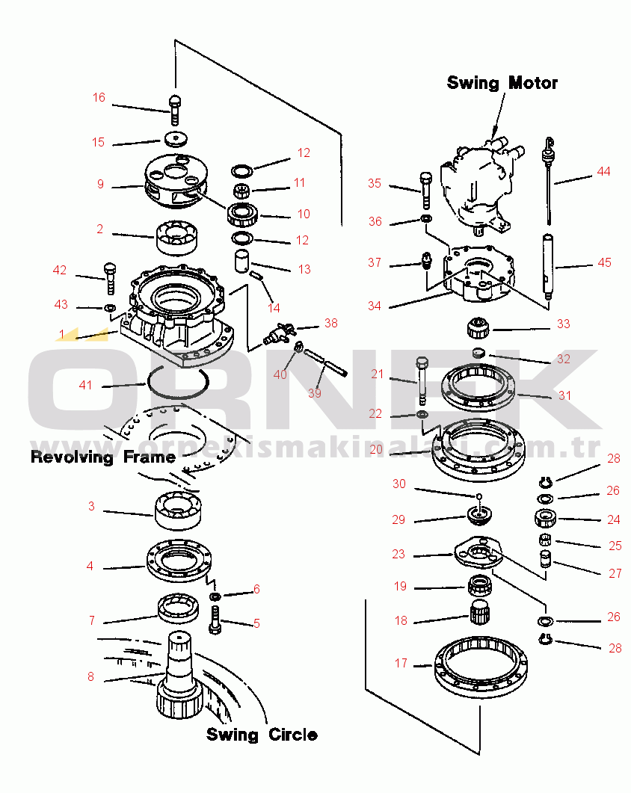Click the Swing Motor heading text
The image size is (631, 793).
click(502, 82)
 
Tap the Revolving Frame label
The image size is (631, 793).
click(102, 457)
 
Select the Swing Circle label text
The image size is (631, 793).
click(262, 735)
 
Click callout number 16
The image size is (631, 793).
click(99, 98)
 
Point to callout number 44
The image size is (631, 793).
click(603, 172)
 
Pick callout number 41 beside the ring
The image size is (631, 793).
click(86, 385)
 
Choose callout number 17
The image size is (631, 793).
click(401, 663)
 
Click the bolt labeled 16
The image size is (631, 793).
click(175, 110)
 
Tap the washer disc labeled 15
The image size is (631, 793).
click(177, 139)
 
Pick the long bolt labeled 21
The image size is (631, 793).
click(421, 378)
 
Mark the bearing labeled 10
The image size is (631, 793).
click(243, 214)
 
